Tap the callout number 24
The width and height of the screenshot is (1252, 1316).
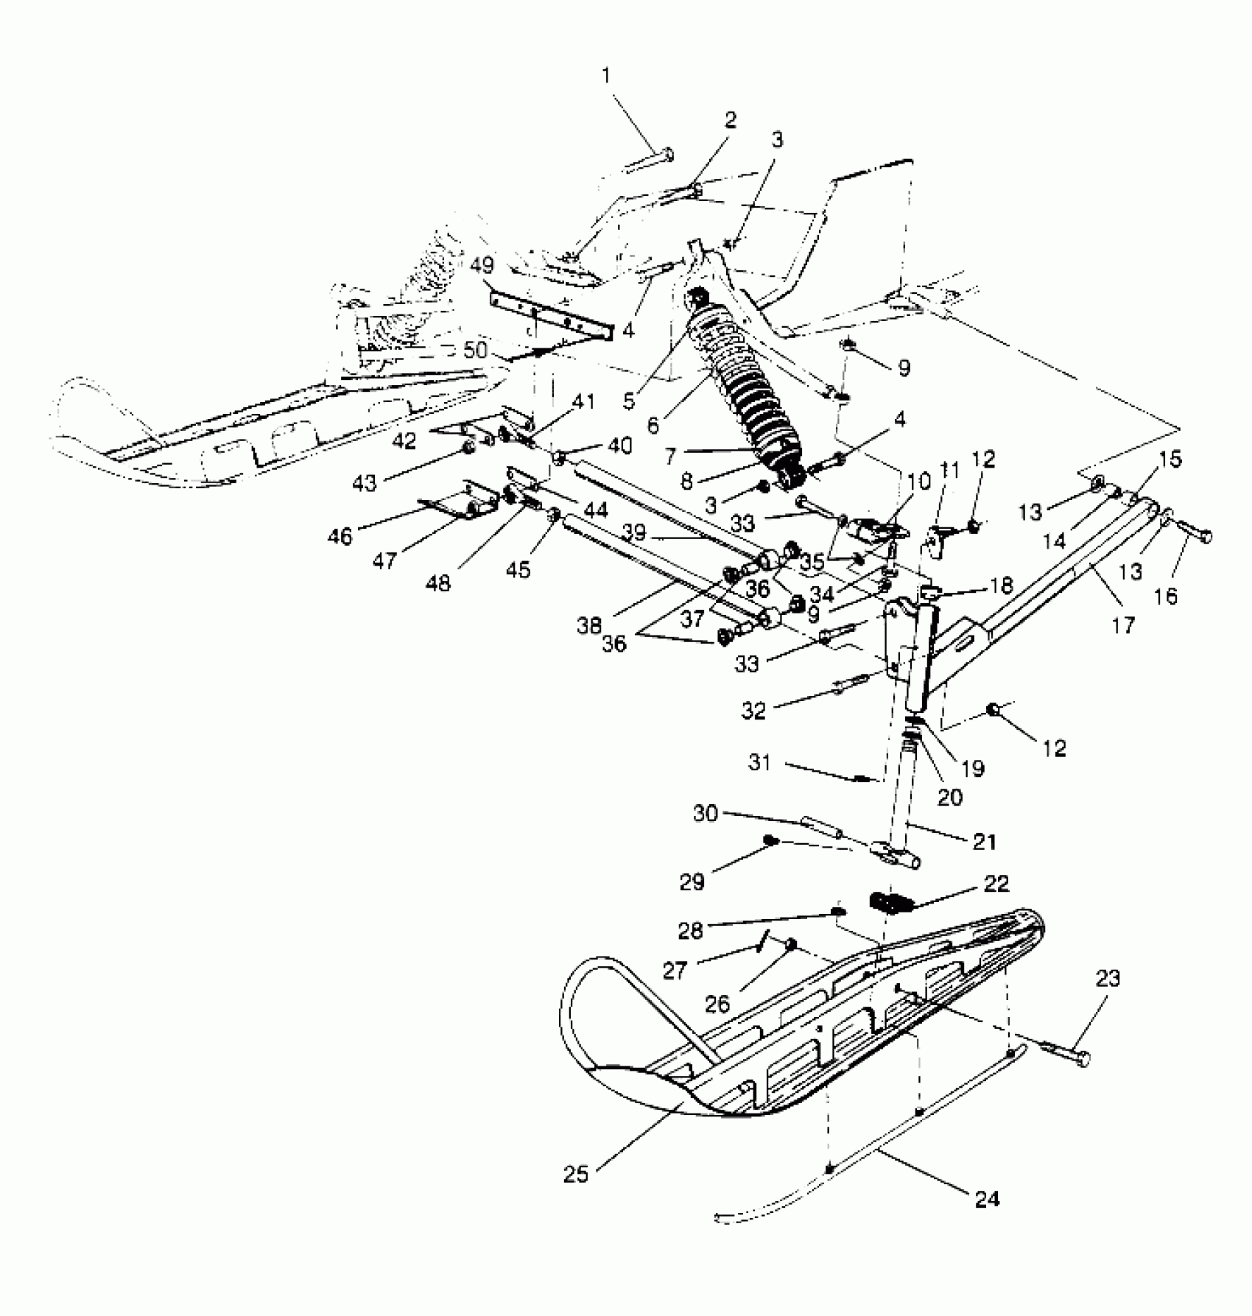[987, 1199]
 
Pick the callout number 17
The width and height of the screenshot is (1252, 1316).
[1124, 625]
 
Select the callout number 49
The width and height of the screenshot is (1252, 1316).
[483, 265]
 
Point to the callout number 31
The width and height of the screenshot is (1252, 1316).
[759, 761]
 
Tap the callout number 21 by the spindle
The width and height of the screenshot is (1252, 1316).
[985, 841]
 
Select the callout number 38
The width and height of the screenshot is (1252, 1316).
[590, 626]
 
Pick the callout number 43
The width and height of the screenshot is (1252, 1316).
[365, 482]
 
